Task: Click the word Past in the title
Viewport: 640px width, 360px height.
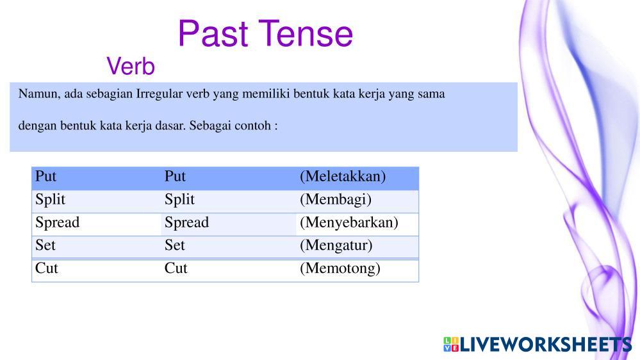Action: (213, 33)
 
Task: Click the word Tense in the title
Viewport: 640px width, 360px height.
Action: (306, 33)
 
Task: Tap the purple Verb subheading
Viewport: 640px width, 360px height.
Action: (131, 66)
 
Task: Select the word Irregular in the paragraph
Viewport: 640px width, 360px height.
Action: (159, 94)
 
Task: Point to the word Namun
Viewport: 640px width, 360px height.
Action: (39, 94)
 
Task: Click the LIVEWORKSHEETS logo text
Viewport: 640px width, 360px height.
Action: (546, 345)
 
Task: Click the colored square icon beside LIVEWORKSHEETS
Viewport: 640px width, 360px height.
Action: (451, 345)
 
